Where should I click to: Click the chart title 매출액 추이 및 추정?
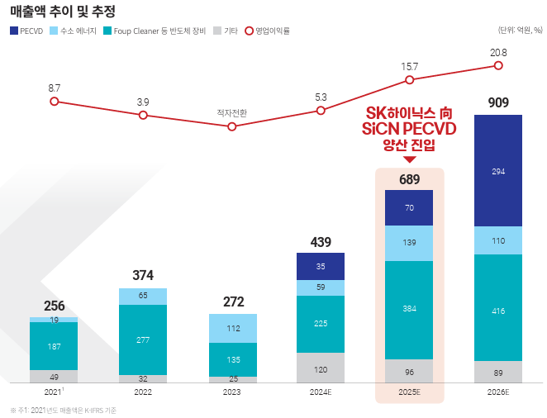pos(63,12)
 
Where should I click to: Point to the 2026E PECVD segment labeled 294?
pos(497,171)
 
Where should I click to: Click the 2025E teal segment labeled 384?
pos(409,308)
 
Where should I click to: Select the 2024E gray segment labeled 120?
pos(321,368)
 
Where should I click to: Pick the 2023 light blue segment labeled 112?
pos(232,328)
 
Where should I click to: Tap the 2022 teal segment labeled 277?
pos(143,340)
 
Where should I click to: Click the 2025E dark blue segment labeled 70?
pos(409,208)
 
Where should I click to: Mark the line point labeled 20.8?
pos(497,65)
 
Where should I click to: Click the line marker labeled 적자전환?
pos(232,126)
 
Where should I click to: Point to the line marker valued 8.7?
pos(55,101)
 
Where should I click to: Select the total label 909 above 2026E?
pos(497,103)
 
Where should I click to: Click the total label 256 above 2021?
pos(55,306)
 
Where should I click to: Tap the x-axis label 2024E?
pos(321,392)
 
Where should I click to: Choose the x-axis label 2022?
pos(143,392)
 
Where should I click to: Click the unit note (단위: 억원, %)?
pos(520,31)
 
